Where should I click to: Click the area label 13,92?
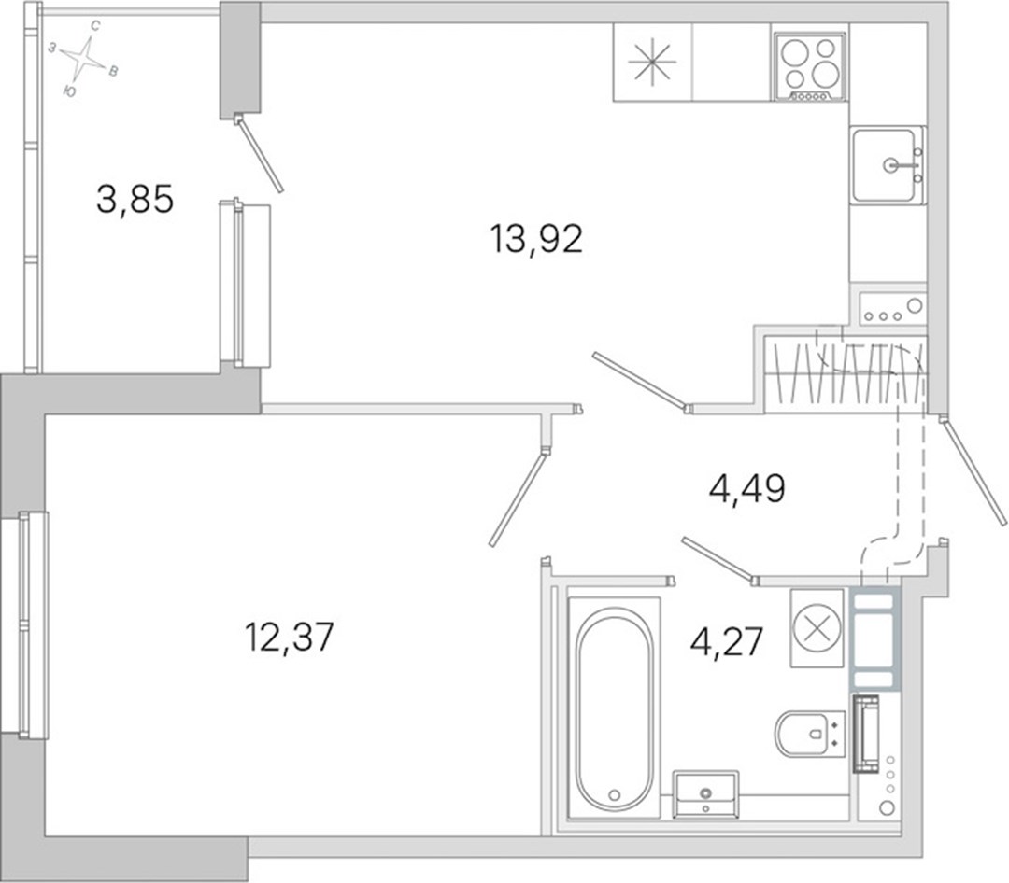point(536,239)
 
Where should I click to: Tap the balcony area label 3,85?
point(135,199)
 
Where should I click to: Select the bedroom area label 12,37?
point(290,637)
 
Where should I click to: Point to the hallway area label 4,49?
point(747,489)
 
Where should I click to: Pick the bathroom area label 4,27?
point(727,642)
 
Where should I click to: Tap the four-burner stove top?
point(810,66)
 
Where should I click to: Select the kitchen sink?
point(888,164)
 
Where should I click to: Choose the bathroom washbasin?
point(706,794)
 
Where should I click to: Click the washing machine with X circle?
point(817,627)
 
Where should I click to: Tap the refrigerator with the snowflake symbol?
point(652,63)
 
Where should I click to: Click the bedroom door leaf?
point(519,498)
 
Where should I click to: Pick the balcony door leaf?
point(261,153)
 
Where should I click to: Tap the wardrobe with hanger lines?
point(846,374)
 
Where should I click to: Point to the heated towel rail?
point(865,734)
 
